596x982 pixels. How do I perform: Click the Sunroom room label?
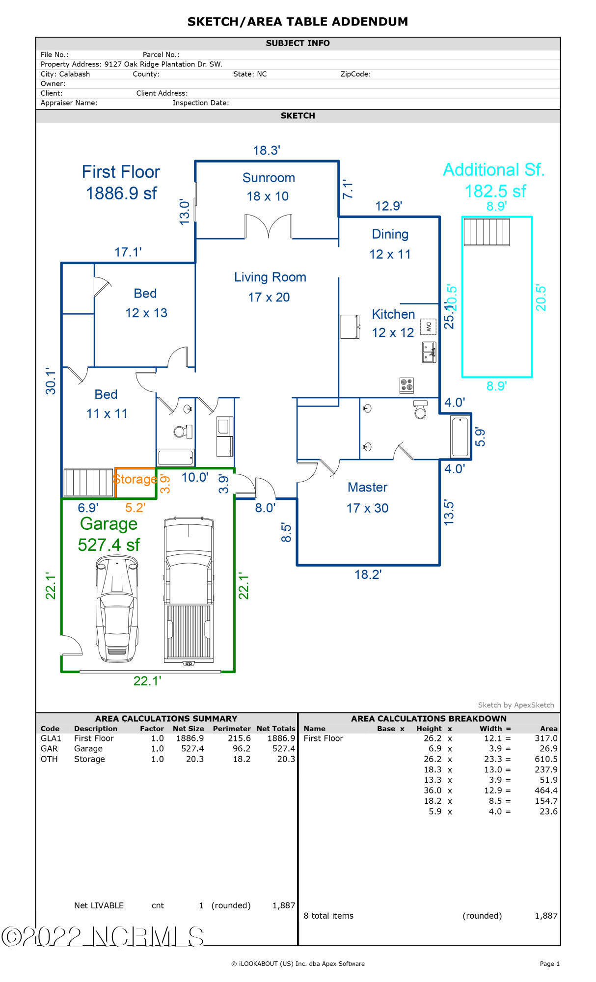pyautogui.click(x=269, y=178)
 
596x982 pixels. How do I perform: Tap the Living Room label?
pyautogui.click(x=270, y=277)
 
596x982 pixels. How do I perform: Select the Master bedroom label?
pyautogui.click(x=367, y=487)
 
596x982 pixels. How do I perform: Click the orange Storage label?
pyautogui.click(x=135, y=479)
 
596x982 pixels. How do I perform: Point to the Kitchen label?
pyautogui.click(x=393, y=314)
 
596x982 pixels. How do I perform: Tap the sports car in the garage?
pyautogui.click(x=117, y=609)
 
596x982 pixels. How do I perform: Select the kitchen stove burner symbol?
pyautogui.click(x=406, y=385)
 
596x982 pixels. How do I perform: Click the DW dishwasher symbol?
pyautogui.click(x=428, y=326)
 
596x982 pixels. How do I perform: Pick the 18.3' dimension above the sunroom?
pyautogui.click(x=267, y=150)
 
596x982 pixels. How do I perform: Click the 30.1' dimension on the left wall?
pyautogui.click(x=51, y=381)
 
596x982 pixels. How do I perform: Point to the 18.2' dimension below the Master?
pyautogui.click(x=368, y=574)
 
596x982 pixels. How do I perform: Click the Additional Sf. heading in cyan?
pyautogui.click(x=494, y=170)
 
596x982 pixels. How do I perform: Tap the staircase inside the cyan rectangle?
pyautogui.click(x=487, y=232)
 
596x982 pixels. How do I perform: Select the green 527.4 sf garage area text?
pyautogui.click(x=109, y=545)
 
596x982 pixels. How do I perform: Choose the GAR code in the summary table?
pyautogui.click(x=49, y=749)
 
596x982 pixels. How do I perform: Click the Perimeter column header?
pyautogui.click(x=232, y=729)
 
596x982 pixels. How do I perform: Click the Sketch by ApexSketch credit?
pyautogui.click(x=516, y=705)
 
